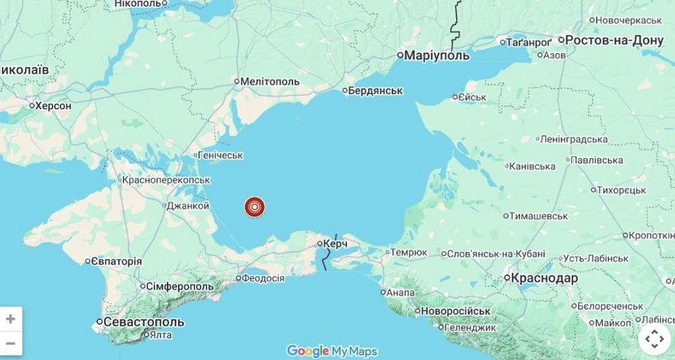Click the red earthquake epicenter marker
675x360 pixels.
[x=254, y=207]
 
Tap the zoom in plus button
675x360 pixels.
[x=11, y=319]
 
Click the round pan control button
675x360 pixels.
[x=653, y=339]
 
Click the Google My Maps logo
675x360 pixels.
[x=332, y=351]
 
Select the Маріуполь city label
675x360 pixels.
[x=437, y=55]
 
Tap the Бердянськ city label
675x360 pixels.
[x=376, y=91]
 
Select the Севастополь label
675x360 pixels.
[x=144, y=322]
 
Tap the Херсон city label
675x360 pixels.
[x=53, y=105]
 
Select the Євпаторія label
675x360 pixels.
[x=117, y=261]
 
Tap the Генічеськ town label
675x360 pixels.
[x=221, y=155]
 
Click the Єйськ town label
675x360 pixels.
[x=473, y=97]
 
